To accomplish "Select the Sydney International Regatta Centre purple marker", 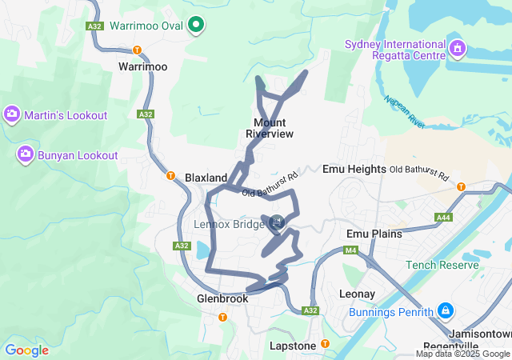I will coord(457,49).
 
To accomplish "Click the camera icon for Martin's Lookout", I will coord(12,115).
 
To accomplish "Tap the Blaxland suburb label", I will coord(206,177).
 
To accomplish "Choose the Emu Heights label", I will coord(354,170).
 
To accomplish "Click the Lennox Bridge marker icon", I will coord(277,222).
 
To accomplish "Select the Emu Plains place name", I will coord(374,234).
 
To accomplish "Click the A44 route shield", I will coord(444,218).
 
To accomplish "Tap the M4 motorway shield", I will coord(350,251).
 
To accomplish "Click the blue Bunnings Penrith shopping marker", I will coord(446,310).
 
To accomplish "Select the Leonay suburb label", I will coord(357,294).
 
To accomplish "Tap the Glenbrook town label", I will coord(222,298).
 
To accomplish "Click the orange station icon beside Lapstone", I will coord(325,345).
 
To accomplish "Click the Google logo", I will coord(26,350).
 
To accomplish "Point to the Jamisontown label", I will coord(479,333).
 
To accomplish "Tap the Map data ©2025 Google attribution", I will coord(462,354).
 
